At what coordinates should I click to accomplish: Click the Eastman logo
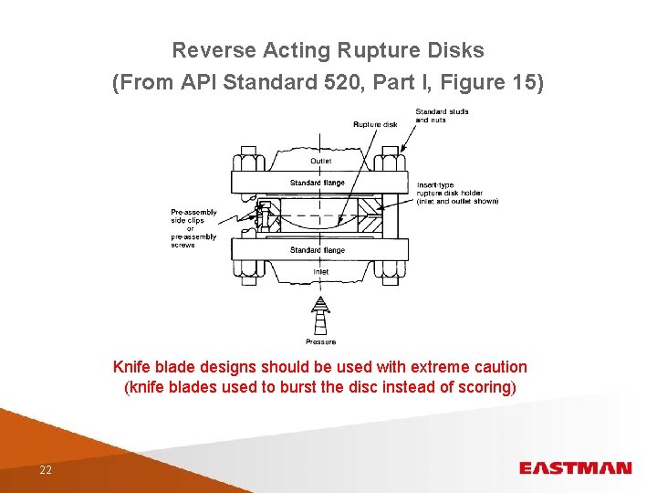point(575,468)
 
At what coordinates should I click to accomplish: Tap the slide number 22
point(45,469)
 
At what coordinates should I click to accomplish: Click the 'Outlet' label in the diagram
point(321,162)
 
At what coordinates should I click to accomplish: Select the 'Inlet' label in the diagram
point(321,271)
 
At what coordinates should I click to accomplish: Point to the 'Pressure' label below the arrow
point(320,341)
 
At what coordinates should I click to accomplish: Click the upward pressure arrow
point(320,316)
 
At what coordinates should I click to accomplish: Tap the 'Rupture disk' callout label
point(375,124)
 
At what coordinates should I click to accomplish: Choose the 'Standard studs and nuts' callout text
point(442,116)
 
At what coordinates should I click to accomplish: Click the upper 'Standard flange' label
point(318,183)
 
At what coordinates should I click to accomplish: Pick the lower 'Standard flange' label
point(318,250)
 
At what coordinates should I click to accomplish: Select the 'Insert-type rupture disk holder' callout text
point(456,193)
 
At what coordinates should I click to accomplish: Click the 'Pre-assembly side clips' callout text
point(193,228)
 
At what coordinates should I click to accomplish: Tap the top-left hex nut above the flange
point(247,163)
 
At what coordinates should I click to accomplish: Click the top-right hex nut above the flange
point(391,163)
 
